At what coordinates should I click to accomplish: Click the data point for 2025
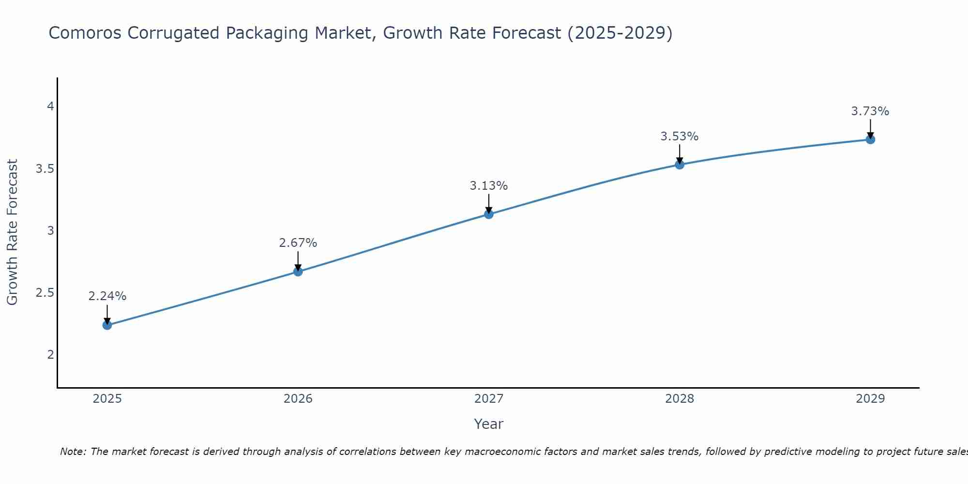click(107, 325)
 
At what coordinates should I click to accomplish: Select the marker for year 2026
click(298, 272)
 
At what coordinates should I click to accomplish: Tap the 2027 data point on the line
click(489, 214)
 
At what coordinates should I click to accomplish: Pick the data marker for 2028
click(680, 165)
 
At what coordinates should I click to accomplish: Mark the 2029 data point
click(870, 139)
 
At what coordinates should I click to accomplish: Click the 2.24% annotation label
click(107, 296)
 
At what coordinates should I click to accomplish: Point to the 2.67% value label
click(298, 242)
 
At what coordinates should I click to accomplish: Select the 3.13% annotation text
click(489, 185)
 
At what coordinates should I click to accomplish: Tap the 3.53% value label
click(680, 136)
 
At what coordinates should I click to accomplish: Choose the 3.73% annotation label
click(870, 111)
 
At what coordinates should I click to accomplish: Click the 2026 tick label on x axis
click(298, 399)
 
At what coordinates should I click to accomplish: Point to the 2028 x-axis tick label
click(680, 399)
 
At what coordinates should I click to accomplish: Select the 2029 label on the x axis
click(870, 399)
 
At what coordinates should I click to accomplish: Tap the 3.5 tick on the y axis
click(45, 168)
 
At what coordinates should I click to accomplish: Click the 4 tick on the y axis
click(50, 106)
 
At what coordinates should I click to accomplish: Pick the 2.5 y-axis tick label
click(45, 293)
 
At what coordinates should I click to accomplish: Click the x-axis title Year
click(489, 424)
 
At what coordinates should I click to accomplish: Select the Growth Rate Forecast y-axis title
click(13, 232)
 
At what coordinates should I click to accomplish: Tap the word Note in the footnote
click(73, 452)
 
